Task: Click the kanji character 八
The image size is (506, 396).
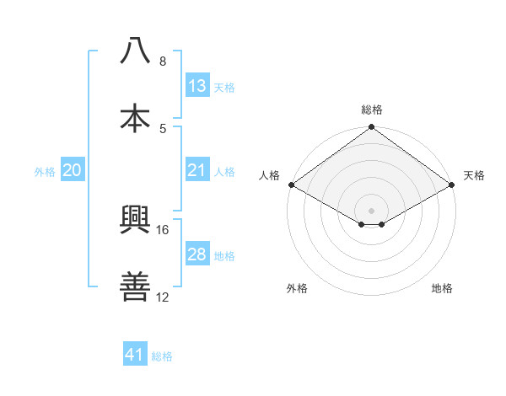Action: [136, 51]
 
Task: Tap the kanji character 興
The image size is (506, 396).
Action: [136, 221]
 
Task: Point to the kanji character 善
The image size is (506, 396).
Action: [136, 287]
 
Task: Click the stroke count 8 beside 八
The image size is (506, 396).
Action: [163, 62]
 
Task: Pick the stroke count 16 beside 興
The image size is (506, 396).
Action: [163, 229]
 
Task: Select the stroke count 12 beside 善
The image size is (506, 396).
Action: [163, 297]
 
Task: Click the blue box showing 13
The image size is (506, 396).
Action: [197, 85]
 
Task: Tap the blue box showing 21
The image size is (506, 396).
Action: [197, 170]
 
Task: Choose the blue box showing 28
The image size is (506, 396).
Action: [197, 254]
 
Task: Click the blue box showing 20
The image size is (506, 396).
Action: [73, 170]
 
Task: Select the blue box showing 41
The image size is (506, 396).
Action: [136, 355]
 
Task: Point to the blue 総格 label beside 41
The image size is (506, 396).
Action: [162, 356]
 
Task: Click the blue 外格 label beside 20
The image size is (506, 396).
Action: [45, 172]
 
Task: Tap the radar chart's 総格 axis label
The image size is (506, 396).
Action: [372, 110]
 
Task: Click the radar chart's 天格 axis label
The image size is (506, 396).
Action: [474, 175]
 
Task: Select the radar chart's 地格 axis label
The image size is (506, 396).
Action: [442, 288]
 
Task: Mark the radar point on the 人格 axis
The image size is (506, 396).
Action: [291, 185]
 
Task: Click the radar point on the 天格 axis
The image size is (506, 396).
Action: [452, 185]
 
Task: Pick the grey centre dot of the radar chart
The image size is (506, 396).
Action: [372, 210]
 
